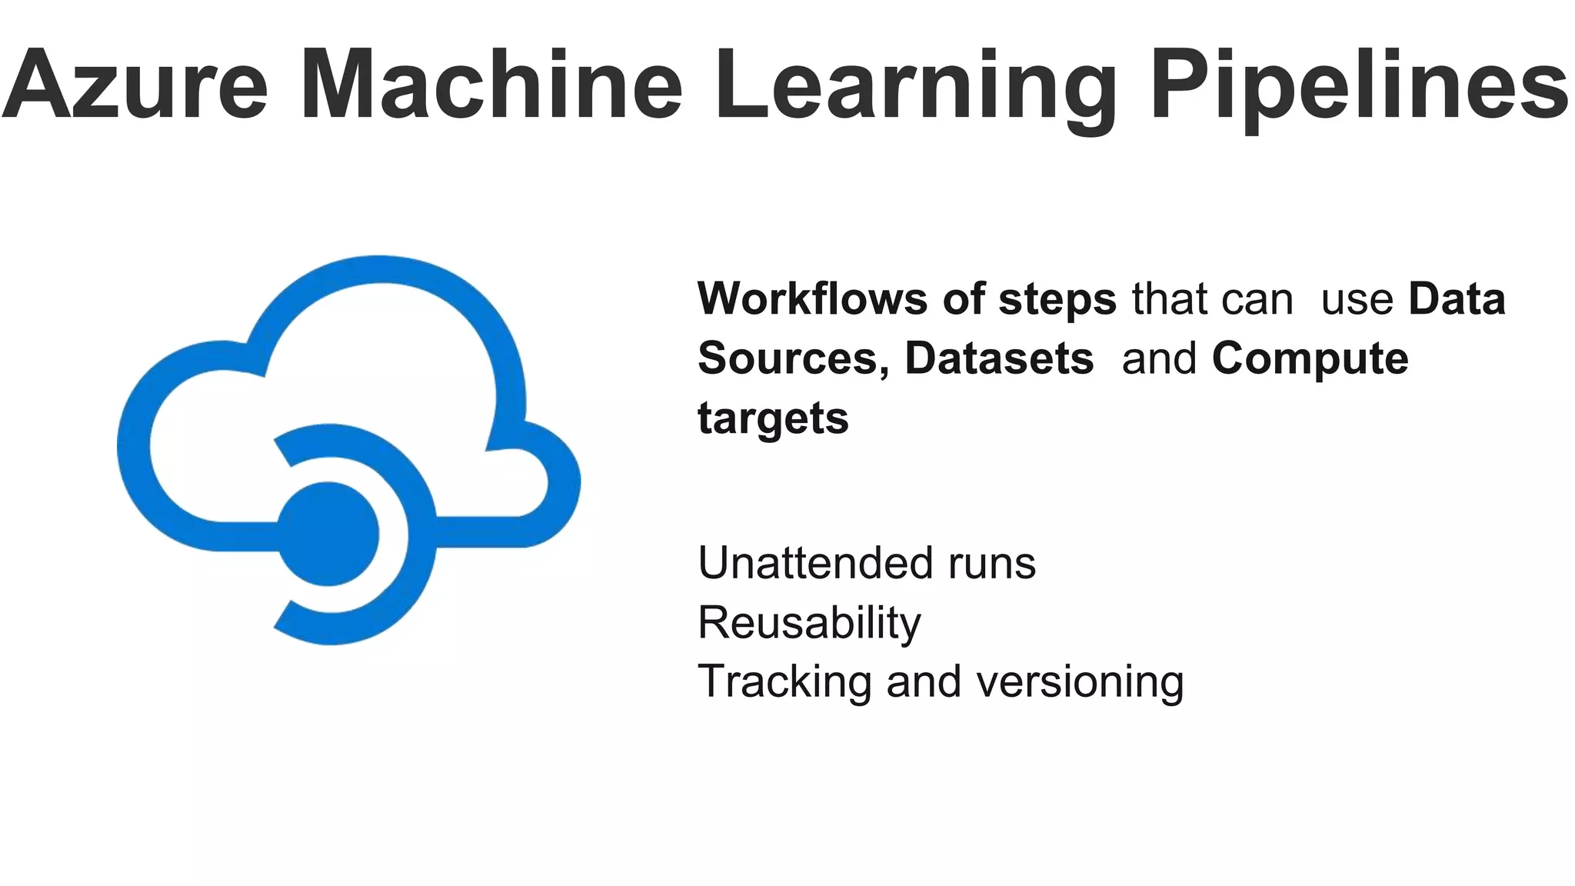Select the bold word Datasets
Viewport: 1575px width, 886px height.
click(x=998, y=358)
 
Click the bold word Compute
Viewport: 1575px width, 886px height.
click(x=1310, y=360)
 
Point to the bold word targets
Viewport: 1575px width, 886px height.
click(x=773, y=419)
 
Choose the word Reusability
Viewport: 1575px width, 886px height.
click(x=809, y=623)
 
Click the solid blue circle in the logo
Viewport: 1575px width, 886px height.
click(x=328, y=534)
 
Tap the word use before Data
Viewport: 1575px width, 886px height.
click(x=1357, y=300)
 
